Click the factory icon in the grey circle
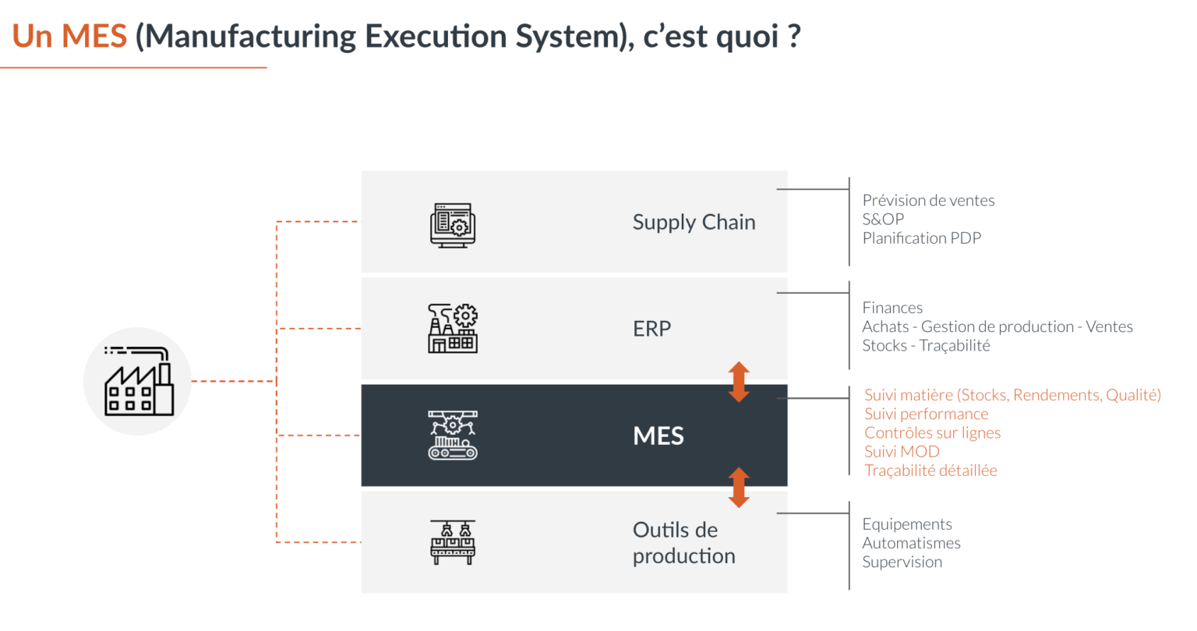tap(139, 382)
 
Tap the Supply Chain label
tap(694, 222)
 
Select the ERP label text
tap(651, 329)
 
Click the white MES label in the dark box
tap(659, 435)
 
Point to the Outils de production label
tap(683, 543)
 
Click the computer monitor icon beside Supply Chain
tap(453, 225)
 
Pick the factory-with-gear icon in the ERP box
tap(453, 329)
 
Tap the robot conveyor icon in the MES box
tap(453, 435)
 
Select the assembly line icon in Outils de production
tap(453, 542)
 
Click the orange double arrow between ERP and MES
tap(739, 382)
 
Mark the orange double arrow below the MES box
tap(739, 488)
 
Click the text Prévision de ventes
tap(928, 200)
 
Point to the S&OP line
tap(883, 219)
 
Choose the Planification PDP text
tap(921, 238)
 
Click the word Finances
tap(892, 308)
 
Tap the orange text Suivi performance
tap(926, 414)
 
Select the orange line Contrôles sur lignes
tap(932, 432)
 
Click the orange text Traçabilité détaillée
tap(930, 470)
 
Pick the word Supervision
tap(902, 562)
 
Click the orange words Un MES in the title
tap(70, 37)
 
